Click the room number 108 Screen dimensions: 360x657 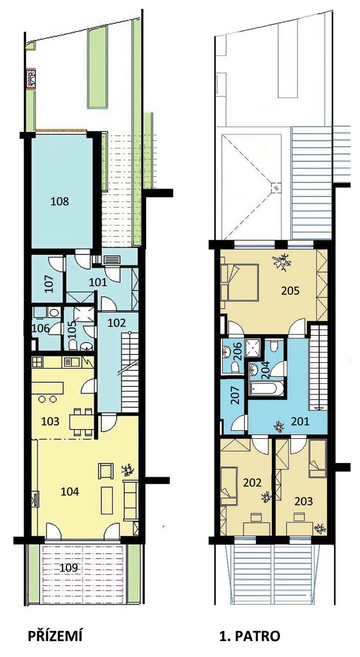(x=60, y=202)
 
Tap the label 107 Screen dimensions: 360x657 (x=49, y=284)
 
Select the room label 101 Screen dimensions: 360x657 (x=98, y=282)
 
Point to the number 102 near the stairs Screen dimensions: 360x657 (x=117, y=323)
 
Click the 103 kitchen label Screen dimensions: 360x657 (x=50, y=421)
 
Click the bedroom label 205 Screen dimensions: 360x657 (x=290, y=291)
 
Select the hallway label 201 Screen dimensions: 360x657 (x=300, y=421)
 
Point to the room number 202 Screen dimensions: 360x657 (x=252, y=482)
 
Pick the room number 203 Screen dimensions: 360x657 (x=304, y=501)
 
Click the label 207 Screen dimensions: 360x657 (x=235, y=396)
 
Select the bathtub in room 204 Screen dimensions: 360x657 (x=266, y=388)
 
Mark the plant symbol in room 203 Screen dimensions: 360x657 (x=320, y=528)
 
